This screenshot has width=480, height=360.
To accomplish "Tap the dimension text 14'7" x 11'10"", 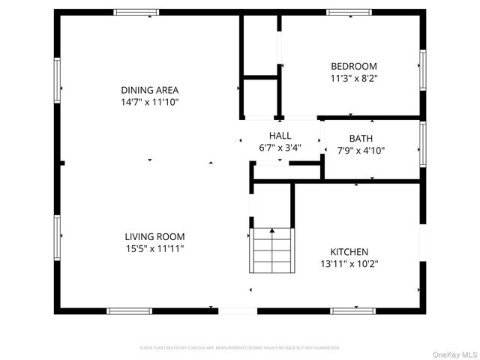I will click(x=151, y=101).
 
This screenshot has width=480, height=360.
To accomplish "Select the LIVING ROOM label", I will click(x=154, y=237).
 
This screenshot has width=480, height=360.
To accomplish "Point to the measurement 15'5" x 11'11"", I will click(x=154, y=248).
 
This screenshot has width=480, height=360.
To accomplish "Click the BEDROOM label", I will click(x=354, y=66).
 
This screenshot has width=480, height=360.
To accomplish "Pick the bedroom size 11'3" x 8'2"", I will click(x=354, y=77).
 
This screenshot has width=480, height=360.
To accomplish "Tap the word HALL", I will click(x=280, y=136).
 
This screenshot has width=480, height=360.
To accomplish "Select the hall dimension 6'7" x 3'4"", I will click(x=280, y=147).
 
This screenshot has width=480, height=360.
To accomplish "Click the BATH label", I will click(x=361, y=139).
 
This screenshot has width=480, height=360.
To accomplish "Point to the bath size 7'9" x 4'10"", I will click(x=361, y=150).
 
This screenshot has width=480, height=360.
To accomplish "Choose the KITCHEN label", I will click(x=349, y=252).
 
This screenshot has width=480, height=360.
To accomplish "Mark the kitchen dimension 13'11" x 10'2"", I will click(x=349, y=264).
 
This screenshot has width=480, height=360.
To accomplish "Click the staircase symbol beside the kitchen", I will click(x=272, y=249).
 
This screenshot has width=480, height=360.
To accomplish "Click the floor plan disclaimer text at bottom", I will click(x=240, y=348).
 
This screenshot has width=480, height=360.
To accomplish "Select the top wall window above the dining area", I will click(x=136, y=12).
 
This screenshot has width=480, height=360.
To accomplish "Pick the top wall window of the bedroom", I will click(x=349, y=12).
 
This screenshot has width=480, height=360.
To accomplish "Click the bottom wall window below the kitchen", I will click(x=353, y=310).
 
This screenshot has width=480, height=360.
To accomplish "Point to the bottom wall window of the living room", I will click(x=129, y=310).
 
